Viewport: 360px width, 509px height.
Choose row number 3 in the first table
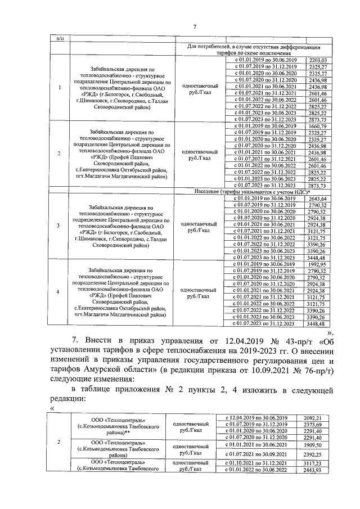(x=61, y=225)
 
